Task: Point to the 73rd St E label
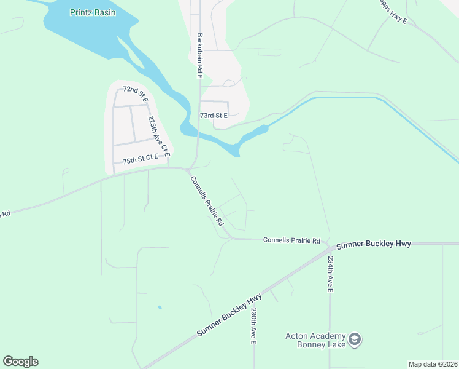[214, 116]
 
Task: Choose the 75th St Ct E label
[140, 159]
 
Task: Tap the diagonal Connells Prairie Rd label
[207, 200]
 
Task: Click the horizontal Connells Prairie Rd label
[292, 240]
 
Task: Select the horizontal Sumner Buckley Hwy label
[373, 244]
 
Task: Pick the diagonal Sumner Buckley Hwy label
[229, 315]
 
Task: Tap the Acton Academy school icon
[354, 339]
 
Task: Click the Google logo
[20, 362]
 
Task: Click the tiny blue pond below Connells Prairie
[160, 307]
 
